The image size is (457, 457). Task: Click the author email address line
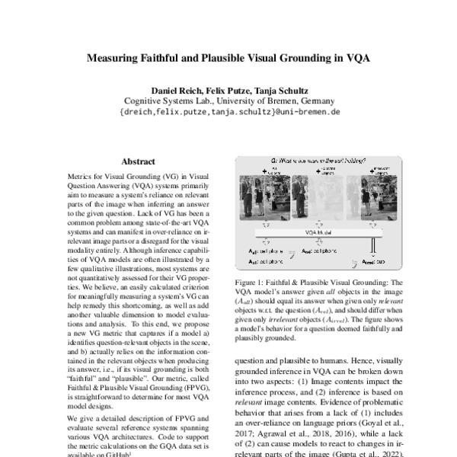(229, 111)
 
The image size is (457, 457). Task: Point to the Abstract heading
(138, 161)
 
